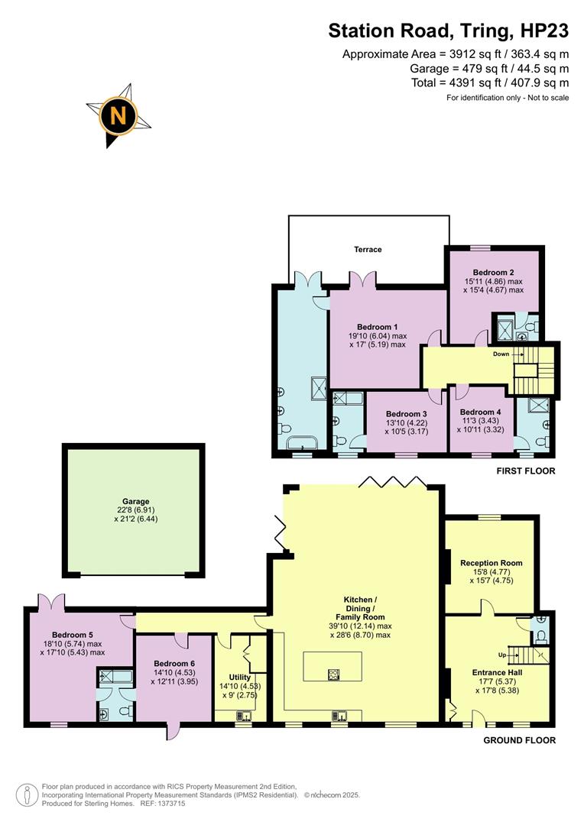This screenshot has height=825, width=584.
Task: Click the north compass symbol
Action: (118, 116)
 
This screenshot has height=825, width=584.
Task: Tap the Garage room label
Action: (135, 502)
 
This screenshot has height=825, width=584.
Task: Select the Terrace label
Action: (367, 250)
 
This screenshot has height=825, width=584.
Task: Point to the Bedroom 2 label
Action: (492, 273)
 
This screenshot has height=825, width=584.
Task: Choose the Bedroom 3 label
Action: (405, 414)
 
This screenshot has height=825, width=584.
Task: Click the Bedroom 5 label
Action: (73, 635)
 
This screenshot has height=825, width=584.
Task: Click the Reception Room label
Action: (491, 563)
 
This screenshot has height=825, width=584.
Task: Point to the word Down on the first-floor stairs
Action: (501, 354)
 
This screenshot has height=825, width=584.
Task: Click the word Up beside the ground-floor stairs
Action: (501, 655)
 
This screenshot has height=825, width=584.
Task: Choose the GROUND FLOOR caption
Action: (520, 740)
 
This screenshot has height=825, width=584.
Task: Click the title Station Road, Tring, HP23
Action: (449, 31)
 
